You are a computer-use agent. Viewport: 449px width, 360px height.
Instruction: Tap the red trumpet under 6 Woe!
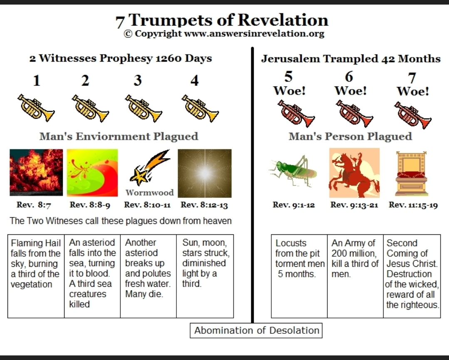pos(354,114)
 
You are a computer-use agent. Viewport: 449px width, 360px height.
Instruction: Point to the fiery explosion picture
pos(36,172)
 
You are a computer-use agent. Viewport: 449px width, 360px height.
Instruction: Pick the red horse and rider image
pos(354,173)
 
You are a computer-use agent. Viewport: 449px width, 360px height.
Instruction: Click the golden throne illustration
pos(411,174)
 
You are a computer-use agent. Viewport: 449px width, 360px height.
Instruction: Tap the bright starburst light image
pos(204,173)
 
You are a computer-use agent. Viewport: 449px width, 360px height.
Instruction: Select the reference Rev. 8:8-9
pos(90,205)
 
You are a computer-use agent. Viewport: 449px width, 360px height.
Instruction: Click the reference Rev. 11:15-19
pos(413,205)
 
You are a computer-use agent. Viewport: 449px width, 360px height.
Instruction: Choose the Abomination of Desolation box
pos(256,330)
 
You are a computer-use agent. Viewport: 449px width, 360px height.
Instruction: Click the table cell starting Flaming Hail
pos(36,276)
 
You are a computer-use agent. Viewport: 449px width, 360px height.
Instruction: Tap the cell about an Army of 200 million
pos(355,276)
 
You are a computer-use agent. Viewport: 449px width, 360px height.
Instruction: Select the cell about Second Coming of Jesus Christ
pos(412,276)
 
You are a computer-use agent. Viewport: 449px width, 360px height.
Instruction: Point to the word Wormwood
pos(149,192)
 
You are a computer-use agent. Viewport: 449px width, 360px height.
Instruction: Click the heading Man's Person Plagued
pos(350,137)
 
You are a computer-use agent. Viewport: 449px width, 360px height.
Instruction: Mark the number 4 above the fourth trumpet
pos(195,80)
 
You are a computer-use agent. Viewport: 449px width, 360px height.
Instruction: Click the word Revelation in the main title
pos(283,20)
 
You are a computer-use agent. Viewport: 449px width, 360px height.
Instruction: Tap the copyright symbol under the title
pos(128,34)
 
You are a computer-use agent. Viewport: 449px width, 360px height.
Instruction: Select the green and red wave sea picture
pos(92,173)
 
